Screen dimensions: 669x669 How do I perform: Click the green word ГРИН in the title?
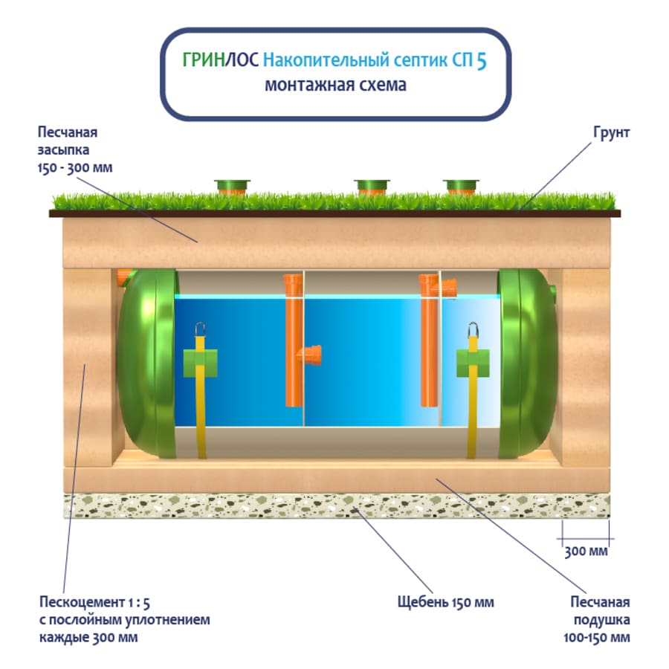[204, 60]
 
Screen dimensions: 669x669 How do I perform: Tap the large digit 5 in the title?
[482, 61]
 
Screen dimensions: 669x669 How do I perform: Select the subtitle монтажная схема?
[335, 85]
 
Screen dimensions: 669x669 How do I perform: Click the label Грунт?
[612, 133]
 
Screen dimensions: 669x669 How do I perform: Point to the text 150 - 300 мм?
[75, 168]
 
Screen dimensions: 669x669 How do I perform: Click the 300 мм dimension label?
[586, 552]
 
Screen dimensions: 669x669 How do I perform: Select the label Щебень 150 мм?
[445, 602]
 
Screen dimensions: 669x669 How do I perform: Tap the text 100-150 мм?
[596, 638]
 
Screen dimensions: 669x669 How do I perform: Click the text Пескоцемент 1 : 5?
[94, 602]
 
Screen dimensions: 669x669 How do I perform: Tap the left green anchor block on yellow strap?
[200, 363]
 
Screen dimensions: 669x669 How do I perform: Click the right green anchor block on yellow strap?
[473, 363]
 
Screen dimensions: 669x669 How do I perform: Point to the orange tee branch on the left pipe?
[311, 355]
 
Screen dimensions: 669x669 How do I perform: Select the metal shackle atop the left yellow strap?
[200, 330]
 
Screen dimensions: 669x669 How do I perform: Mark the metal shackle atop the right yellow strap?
[473, 330]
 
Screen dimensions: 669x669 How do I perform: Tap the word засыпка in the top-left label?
[64, 150]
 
